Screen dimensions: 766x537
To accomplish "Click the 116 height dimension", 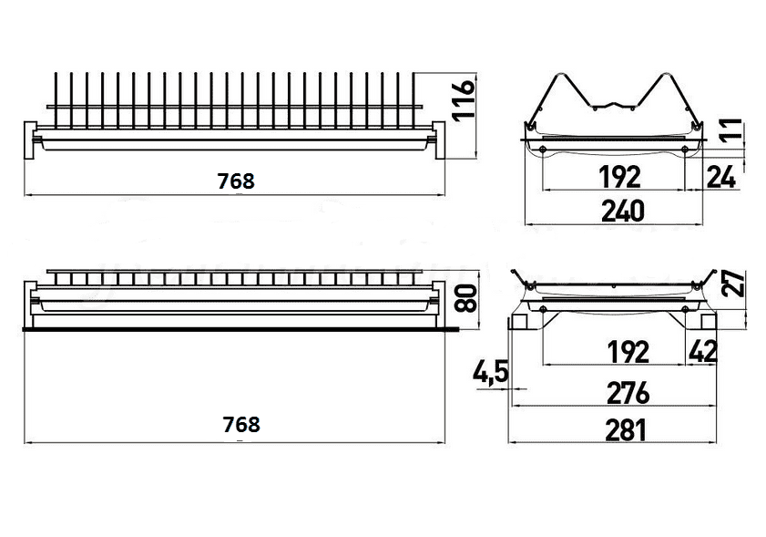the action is pyautogui.click(x=463, y=99).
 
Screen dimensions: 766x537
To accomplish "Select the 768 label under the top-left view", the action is pyautogui.click(x=236, y=181).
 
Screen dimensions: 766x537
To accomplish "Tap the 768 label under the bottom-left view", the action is pyautogui.click(x=241, y=425).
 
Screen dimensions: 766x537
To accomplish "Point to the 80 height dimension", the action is pyautogui.click(x=465, y=298).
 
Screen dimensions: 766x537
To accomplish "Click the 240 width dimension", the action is pyautogui.click(x=623, y=211).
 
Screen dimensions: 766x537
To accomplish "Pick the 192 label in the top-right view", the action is pyautogui.click(x=619, y=177).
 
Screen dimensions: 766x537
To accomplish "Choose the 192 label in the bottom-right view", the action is pyautogui.click(x=628, y=352).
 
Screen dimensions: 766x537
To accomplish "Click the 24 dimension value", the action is pyautogui.click(x=721, y=177).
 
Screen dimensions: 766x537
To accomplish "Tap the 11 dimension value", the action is pyautogui.click(x=732, y=130).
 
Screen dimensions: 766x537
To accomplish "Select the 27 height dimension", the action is pyautogui.click(x=733, y=284).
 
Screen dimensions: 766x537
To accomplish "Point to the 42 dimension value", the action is pyautogui.click(x=703, y=351).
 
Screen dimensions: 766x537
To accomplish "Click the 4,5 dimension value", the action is pyautogui.click(x=490, y=372).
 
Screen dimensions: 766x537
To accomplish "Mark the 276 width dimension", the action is pyautogui.click(x=628, y=393).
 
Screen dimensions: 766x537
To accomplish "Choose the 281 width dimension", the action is pyautogui.click(x=626, y=430).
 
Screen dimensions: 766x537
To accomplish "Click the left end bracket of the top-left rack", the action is pyautogui.click(x=30, y=140).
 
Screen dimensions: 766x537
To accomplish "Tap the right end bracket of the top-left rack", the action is pyautogui.click(x=439, y=140).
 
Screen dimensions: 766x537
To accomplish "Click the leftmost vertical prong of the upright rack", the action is pyautogui.click(x=56, y=100).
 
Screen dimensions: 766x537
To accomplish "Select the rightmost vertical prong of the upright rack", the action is pyautogui.click(x=414, y=100).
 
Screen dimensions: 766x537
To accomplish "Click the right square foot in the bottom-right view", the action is pyautogui.click(x=709, y=321).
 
